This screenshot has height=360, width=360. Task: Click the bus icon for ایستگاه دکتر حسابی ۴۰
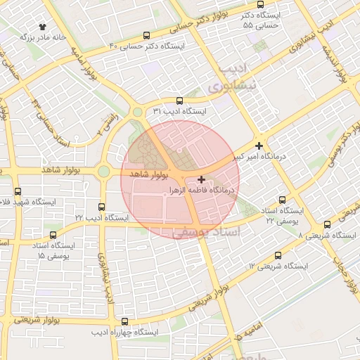coord(146,35)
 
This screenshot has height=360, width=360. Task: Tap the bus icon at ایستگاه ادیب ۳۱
coord(179,101)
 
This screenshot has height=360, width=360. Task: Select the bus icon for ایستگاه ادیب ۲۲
coord(103,207)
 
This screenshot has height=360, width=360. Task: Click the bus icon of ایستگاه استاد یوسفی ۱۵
coord(54,235)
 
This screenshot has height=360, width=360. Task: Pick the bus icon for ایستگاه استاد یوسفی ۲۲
coord(283,200)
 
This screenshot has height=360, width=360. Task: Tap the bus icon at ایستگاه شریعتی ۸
coord(327,224)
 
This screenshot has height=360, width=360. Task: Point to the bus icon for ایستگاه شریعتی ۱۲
coord(278,255)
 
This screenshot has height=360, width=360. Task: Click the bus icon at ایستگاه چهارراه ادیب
coord(126,321)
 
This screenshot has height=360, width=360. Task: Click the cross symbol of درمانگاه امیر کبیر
coord(259,146)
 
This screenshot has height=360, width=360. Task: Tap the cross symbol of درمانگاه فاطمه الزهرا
coord(202,179)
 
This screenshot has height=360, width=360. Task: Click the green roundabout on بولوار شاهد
coord(104,171)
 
